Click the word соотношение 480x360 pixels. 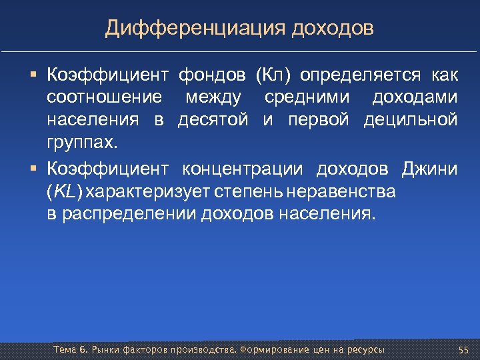point(104,97)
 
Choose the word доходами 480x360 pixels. point(415,97)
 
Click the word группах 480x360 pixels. point(81,143)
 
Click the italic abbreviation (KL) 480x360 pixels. point(65,192)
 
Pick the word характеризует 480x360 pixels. point(143,192)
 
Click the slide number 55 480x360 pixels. point(463,351)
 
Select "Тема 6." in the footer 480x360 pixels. point(70,351)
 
